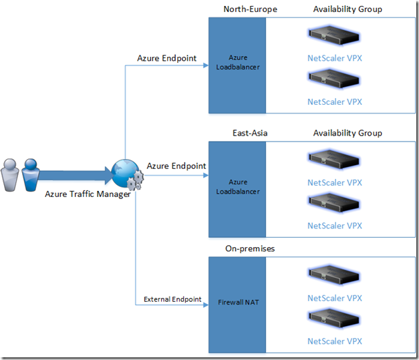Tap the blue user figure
click(x=31, y=175)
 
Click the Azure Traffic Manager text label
click(x=88, y=194)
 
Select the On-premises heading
click(x=250, y=248)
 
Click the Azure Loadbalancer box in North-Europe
click(x=238, y=64)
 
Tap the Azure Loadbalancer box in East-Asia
click(x=238, y=186)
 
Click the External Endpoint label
click(x=172, y=300)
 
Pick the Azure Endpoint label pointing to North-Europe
click(x=166, y=58)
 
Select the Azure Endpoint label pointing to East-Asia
click(x=176, y=166)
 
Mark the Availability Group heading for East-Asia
click(x=347, y=133)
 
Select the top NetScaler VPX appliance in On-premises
click(x=334, y=274)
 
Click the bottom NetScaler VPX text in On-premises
click(x=334, y=341)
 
